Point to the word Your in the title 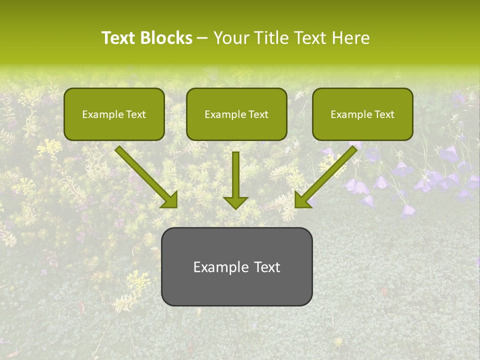tap(230, 38)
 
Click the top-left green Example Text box tap(114, 114)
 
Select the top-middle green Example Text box tap(236, 114)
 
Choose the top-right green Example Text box tap(362, 114)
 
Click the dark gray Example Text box tap(236, 266)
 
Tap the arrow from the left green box tap(145, 175)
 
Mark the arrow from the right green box tap(327, 175)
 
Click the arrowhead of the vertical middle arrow tap(235, 202)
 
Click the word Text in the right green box tap(384, 114)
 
